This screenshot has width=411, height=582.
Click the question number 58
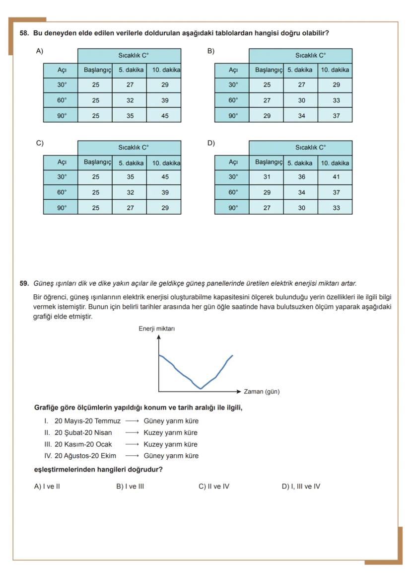pos(24,33)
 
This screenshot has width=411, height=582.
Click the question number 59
pos(24,283)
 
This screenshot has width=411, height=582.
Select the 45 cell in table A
pos(164,115)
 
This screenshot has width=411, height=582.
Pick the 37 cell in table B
pos(336,115)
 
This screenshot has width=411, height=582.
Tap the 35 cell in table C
pos(130,177)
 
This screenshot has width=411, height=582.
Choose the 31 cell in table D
pos(267,177)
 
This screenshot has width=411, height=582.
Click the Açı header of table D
pos(233,162)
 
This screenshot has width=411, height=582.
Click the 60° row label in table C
pos(62,192)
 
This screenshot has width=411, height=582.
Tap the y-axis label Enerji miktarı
pos(156,328)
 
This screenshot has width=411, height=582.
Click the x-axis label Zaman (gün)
pos(262,392)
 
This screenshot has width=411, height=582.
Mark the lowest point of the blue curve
pos(201,388)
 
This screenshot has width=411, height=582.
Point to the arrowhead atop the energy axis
pos(159,336)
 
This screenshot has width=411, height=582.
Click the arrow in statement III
pos(132,444)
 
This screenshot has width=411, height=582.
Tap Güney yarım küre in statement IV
pos(171,456)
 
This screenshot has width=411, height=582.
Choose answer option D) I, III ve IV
pos(301,487)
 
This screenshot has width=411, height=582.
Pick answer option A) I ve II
pos(47,487)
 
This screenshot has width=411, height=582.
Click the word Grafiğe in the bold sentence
pos(48,408)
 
